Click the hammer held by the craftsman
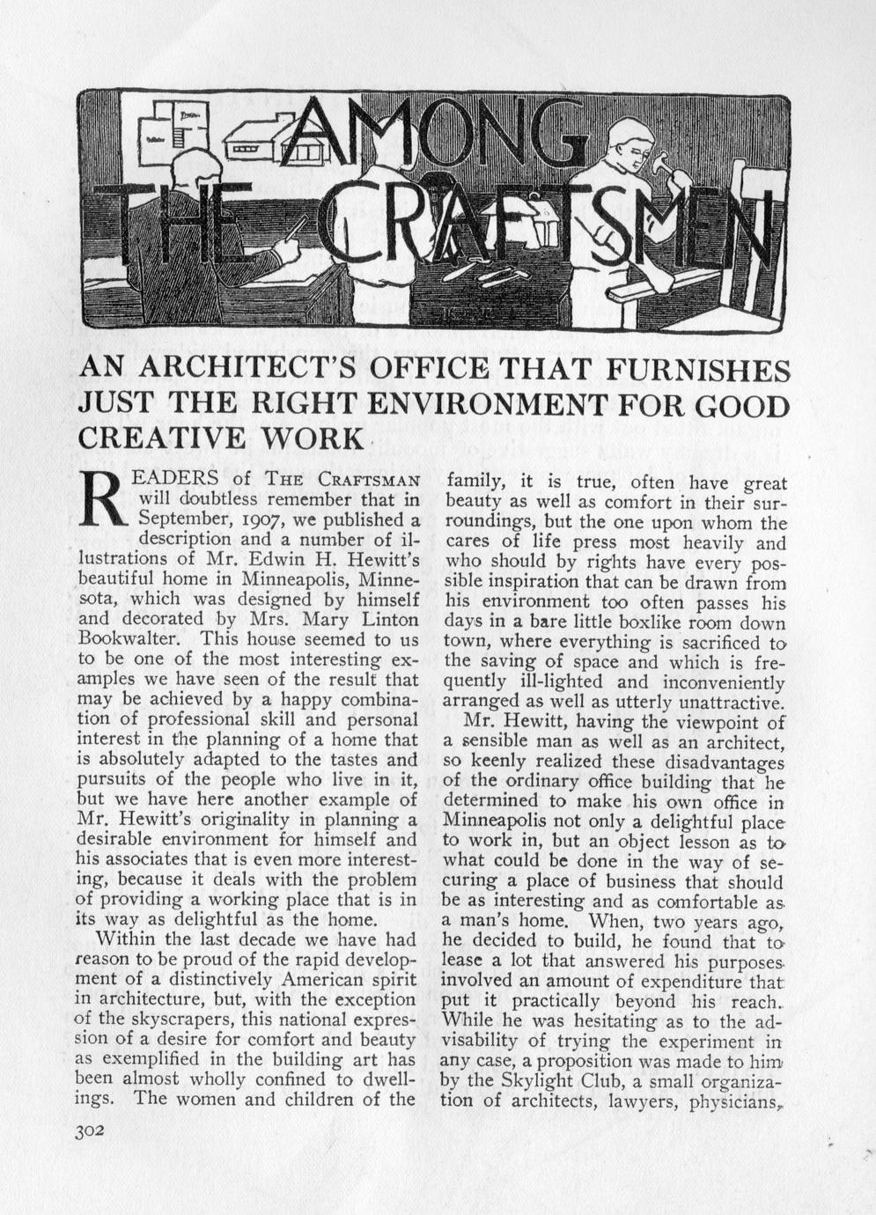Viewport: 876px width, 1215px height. [659, 165]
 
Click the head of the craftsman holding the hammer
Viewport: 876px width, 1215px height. [631, 139]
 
